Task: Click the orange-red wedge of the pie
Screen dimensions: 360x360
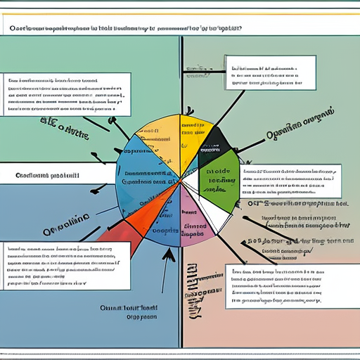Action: (144, 214)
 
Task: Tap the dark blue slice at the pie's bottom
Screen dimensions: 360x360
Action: (169, 225)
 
